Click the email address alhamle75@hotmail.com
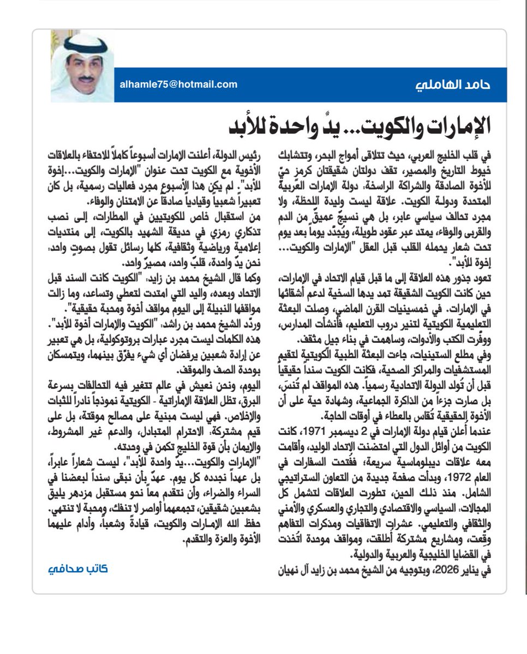(x=178, y=84)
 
